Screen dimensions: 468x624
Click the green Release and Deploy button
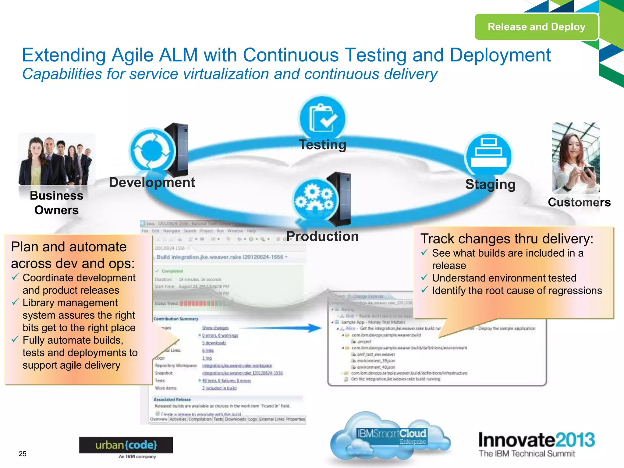[x=536, y=27]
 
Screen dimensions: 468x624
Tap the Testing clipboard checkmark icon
[x=322, y=118]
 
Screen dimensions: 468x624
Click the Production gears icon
[x=315, y=200]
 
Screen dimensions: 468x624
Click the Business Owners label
[x=56, y=203]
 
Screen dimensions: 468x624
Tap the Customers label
[x=579, y=202]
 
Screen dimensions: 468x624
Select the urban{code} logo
[x=126, y=445]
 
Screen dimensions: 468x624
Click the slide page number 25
[x=23, y=454]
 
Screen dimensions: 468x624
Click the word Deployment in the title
[x=500, y=55]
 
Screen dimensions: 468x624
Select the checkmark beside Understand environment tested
[x=424, y=278]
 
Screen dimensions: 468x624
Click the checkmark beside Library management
[x=15, y=302]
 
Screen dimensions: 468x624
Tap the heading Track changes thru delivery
[x=506, y=239]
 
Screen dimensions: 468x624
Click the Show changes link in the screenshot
[x=215, y=328]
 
